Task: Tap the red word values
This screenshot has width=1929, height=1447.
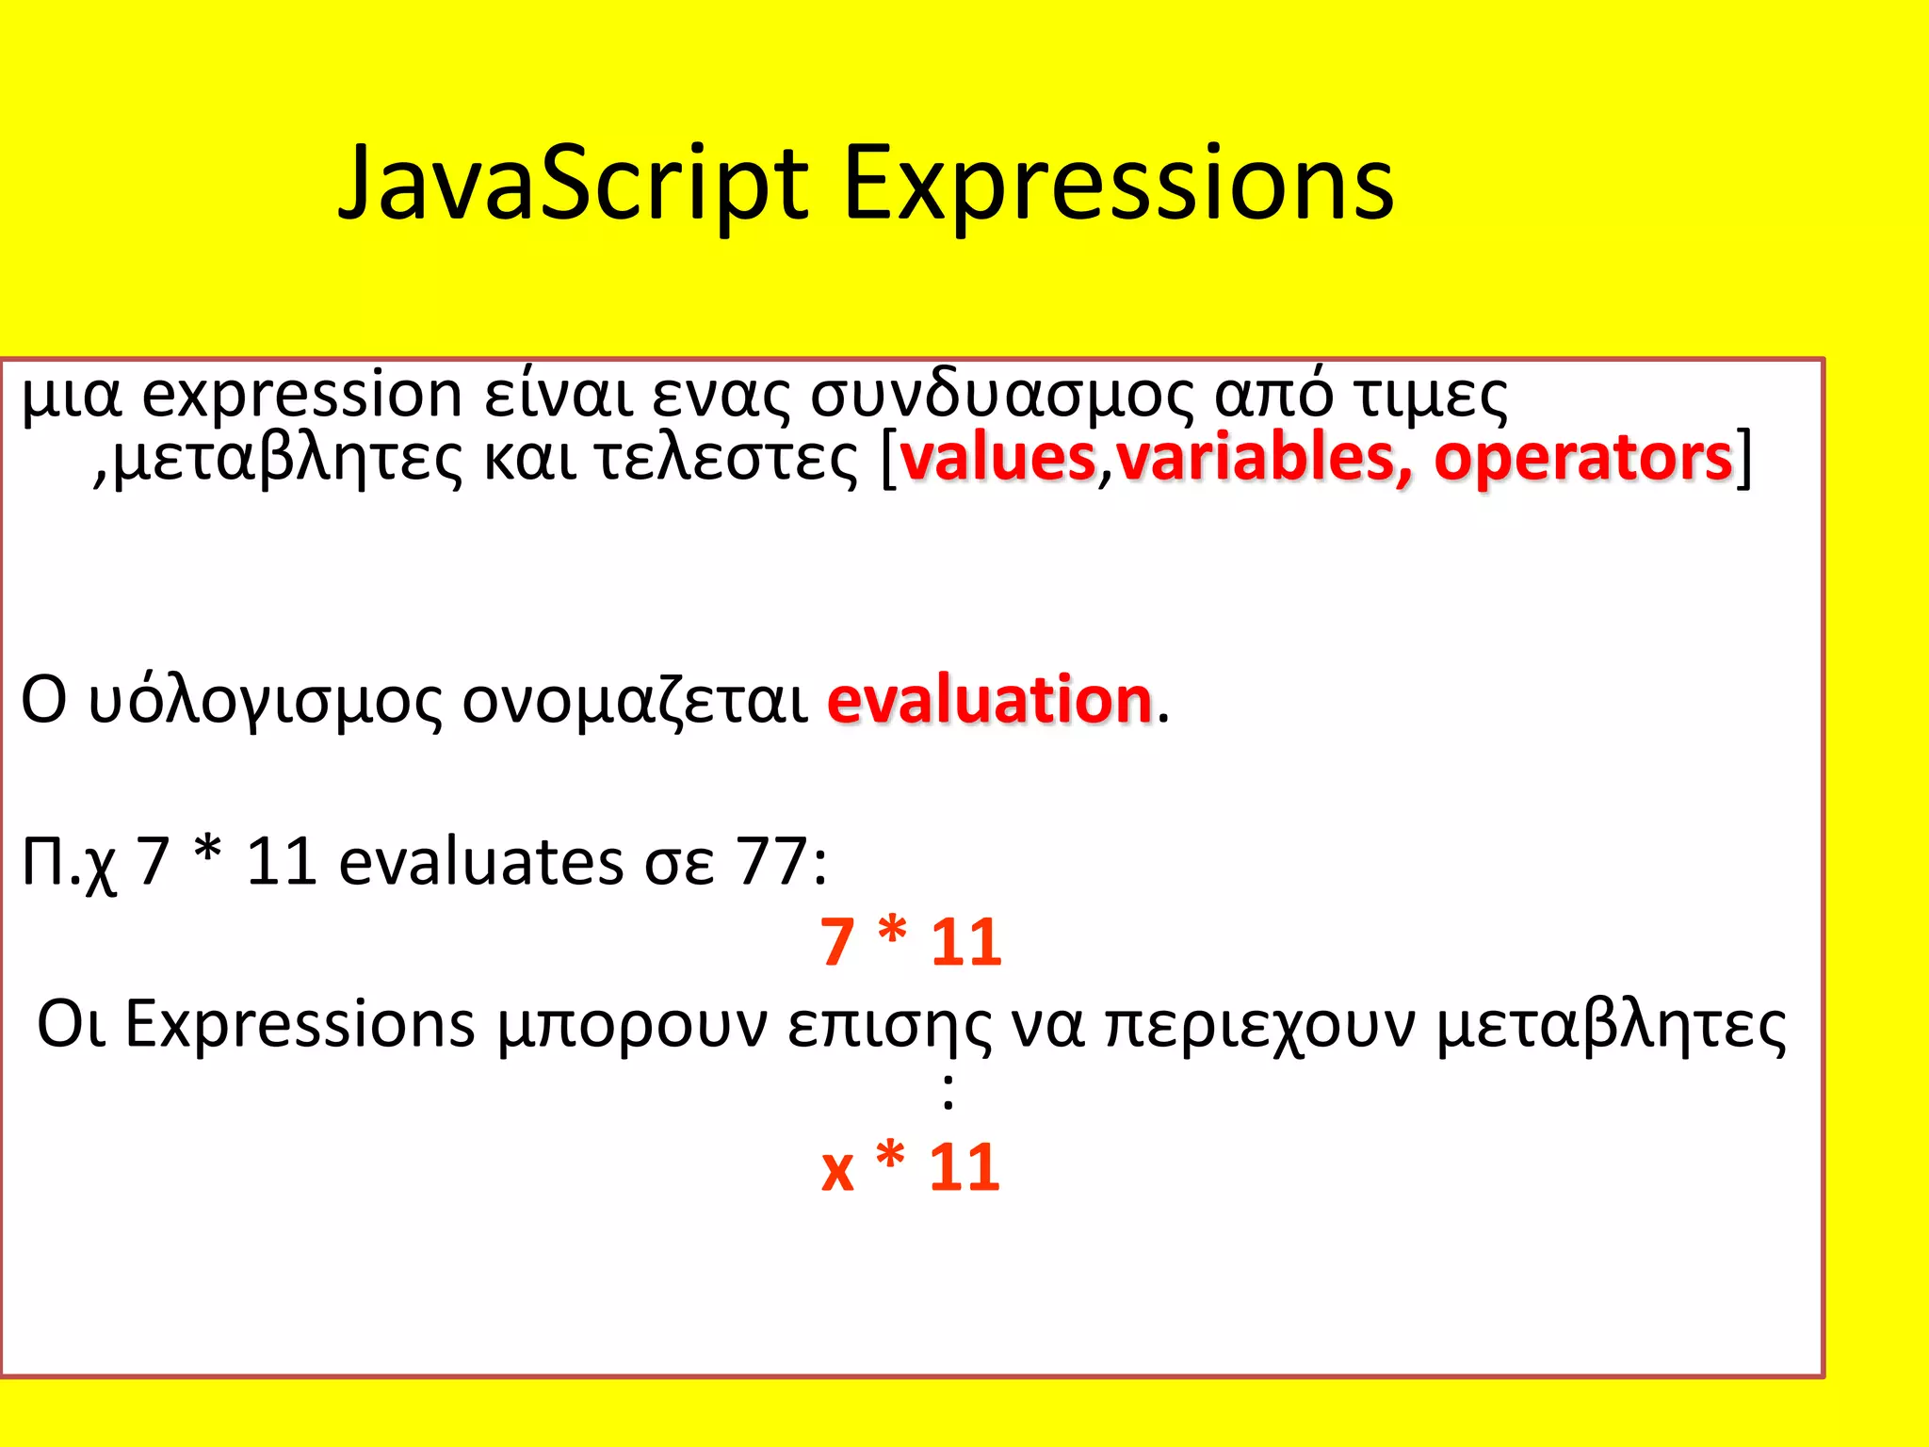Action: [x=997, y=458]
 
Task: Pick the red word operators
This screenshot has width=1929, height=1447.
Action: [x=1582, y=458]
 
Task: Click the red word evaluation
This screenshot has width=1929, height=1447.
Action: [x=990, y=700]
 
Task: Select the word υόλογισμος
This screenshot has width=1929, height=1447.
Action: [x=265, y=702]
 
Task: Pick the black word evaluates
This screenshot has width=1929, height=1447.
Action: [x=480, y=860]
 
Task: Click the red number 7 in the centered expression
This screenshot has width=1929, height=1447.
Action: [x=836, y=942]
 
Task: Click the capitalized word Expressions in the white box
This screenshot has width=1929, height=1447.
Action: [x=300, y=1024]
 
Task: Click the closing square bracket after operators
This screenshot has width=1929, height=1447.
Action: [x=1744, y=458]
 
